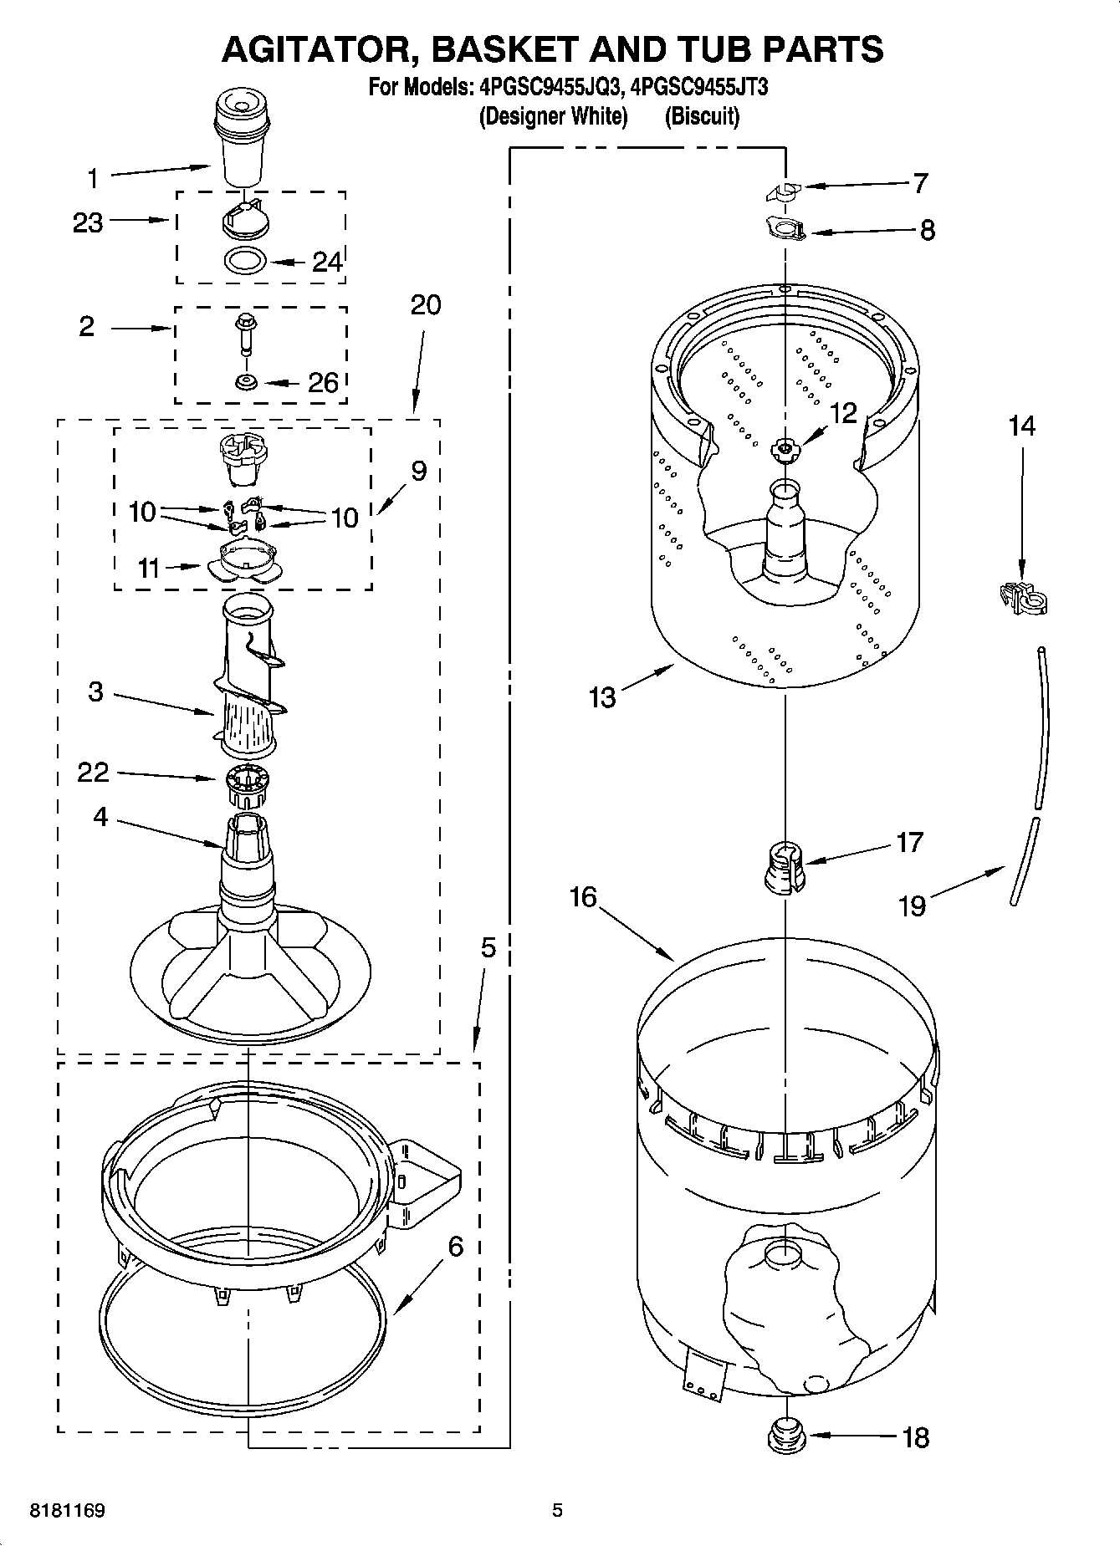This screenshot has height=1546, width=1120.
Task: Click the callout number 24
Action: pyautogui.click(x=327, y=263)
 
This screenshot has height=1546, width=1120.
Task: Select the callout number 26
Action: pyautogui.click(x=323, y=383)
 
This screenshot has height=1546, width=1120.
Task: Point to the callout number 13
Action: pyautogui.click(x=601, y=696)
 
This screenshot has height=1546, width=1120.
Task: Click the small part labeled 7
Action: pyautogui.click(x=783, y=192)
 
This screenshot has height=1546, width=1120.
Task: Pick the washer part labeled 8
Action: pyautogui.click(x=785, y=227)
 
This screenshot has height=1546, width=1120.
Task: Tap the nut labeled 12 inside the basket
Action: pyautogui.click(x=784, y=450)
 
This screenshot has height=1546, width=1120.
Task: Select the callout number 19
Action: pyautogui.click(x=912, y=906)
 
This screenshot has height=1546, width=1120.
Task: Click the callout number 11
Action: pyautogui.click(x=148, y=569)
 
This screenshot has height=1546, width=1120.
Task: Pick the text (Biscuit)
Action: pyautogui.click(x=702, y=116)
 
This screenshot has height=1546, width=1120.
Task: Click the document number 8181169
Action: pyautogui.click(x=67, y=1510)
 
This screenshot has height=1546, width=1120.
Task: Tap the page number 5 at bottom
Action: pyautogui.click(x=557, y=1510)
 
